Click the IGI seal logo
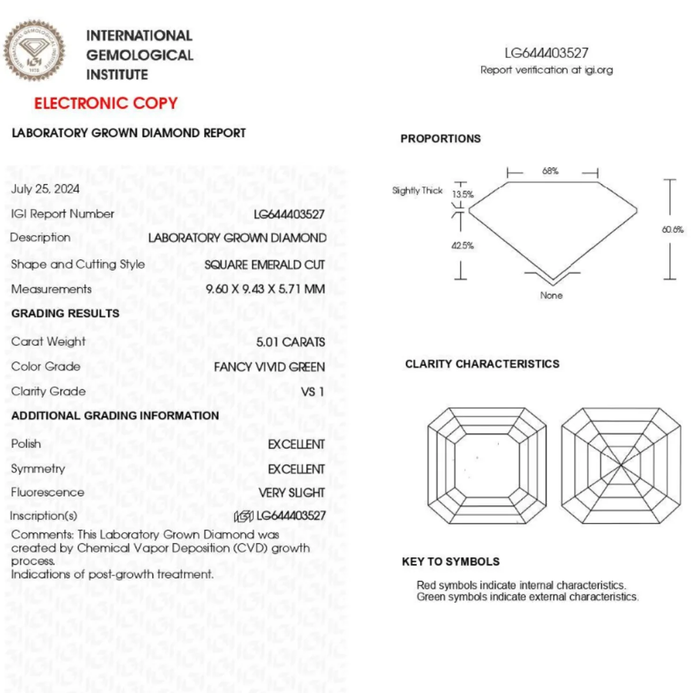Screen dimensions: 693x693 coord(34,51)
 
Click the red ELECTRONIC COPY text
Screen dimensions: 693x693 coord(106,103)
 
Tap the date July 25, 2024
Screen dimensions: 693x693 coord(46,189)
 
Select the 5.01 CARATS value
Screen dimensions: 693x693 coord(290,342)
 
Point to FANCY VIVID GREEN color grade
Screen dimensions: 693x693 coord(269,367)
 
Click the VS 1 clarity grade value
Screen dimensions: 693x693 coord(312,392)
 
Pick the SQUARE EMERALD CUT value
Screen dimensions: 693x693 coord(264,264)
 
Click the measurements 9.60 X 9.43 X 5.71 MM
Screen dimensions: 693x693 coord(265,289)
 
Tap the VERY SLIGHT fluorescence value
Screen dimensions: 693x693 coord(292,493)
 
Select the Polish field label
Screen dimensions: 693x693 coord(26,444)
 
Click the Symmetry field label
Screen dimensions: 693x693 coord(38,468)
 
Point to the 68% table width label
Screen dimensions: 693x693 coord(550,171)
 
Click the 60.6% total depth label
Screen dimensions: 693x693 coord(673,229)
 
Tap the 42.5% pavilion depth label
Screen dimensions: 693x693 coord(463,245)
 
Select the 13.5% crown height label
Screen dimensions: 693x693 coord(463,195)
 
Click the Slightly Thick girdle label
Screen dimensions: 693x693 coord(418,191)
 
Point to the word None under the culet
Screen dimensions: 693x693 coord(552,295)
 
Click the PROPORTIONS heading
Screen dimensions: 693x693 coord(441,139)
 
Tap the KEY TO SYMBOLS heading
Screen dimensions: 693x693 coord(451,561)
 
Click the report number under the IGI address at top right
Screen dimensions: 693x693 coord(546,53)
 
